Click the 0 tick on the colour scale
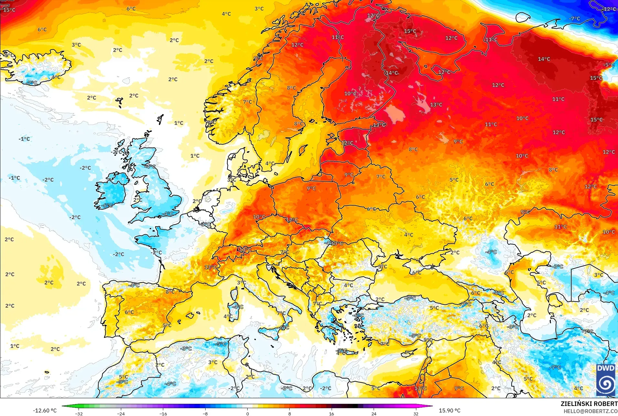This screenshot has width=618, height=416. [x=248, y=413]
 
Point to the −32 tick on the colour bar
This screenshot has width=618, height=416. [x=79, y=413]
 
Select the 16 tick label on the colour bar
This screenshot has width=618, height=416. [x=331, y=414]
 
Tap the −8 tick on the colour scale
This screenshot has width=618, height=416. [x=205, y=413]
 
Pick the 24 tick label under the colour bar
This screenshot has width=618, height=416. [x=374, y=414]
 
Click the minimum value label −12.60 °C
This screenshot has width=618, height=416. [x=45, y=411]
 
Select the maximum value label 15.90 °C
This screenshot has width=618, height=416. [x=449, y=411]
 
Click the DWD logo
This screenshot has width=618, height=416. [x=605, y=380]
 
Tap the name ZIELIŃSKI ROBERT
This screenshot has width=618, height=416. [x=589, y=404]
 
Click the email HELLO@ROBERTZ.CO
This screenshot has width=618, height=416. [x=591, y=411]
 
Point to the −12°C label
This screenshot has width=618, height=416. [x=609, y=9]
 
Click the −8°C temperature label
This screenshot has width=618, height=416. [x=286, y=388]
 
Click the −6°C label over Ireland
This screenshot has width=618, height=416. [x=107, y=206]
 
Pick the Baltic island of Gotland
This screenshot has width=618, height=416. [x=303, y=150]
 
